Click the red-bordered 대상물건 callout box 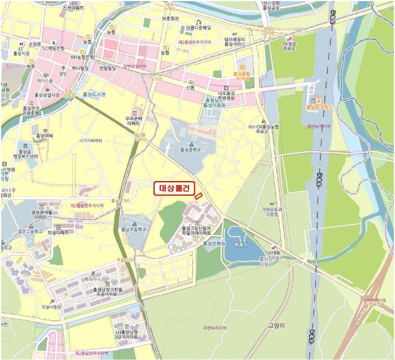174,189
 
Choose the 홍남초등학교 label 133,230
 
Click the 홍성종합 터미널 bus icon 240,73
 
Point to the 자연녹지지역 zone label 214,328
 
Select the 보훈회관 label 170,18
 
